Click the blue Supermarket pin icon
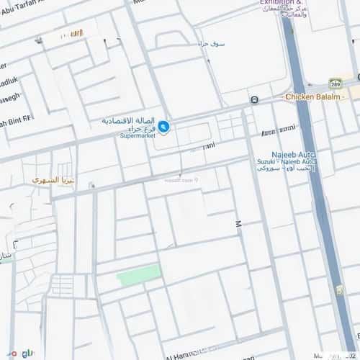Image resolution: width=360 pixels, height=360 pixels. pyautogui.click(x=164, y=127)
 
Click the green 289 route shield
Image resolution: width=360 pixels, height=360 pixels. pyautogui.click(x=335, y=84)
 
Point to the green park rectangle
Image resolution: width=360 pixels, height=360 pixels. pyautogui.click(x=140, y=274)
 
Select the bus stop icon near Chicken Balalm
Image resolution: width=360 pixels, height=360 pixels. pyautogui.click(x=255, y=99)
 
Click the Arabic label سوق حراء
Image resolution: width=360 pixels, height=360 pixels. pyautogui.click(x=213, y=44)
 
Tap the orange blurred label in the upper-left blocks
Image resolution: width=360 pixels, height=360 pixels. pyautogui.click(x=72, y=35)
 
